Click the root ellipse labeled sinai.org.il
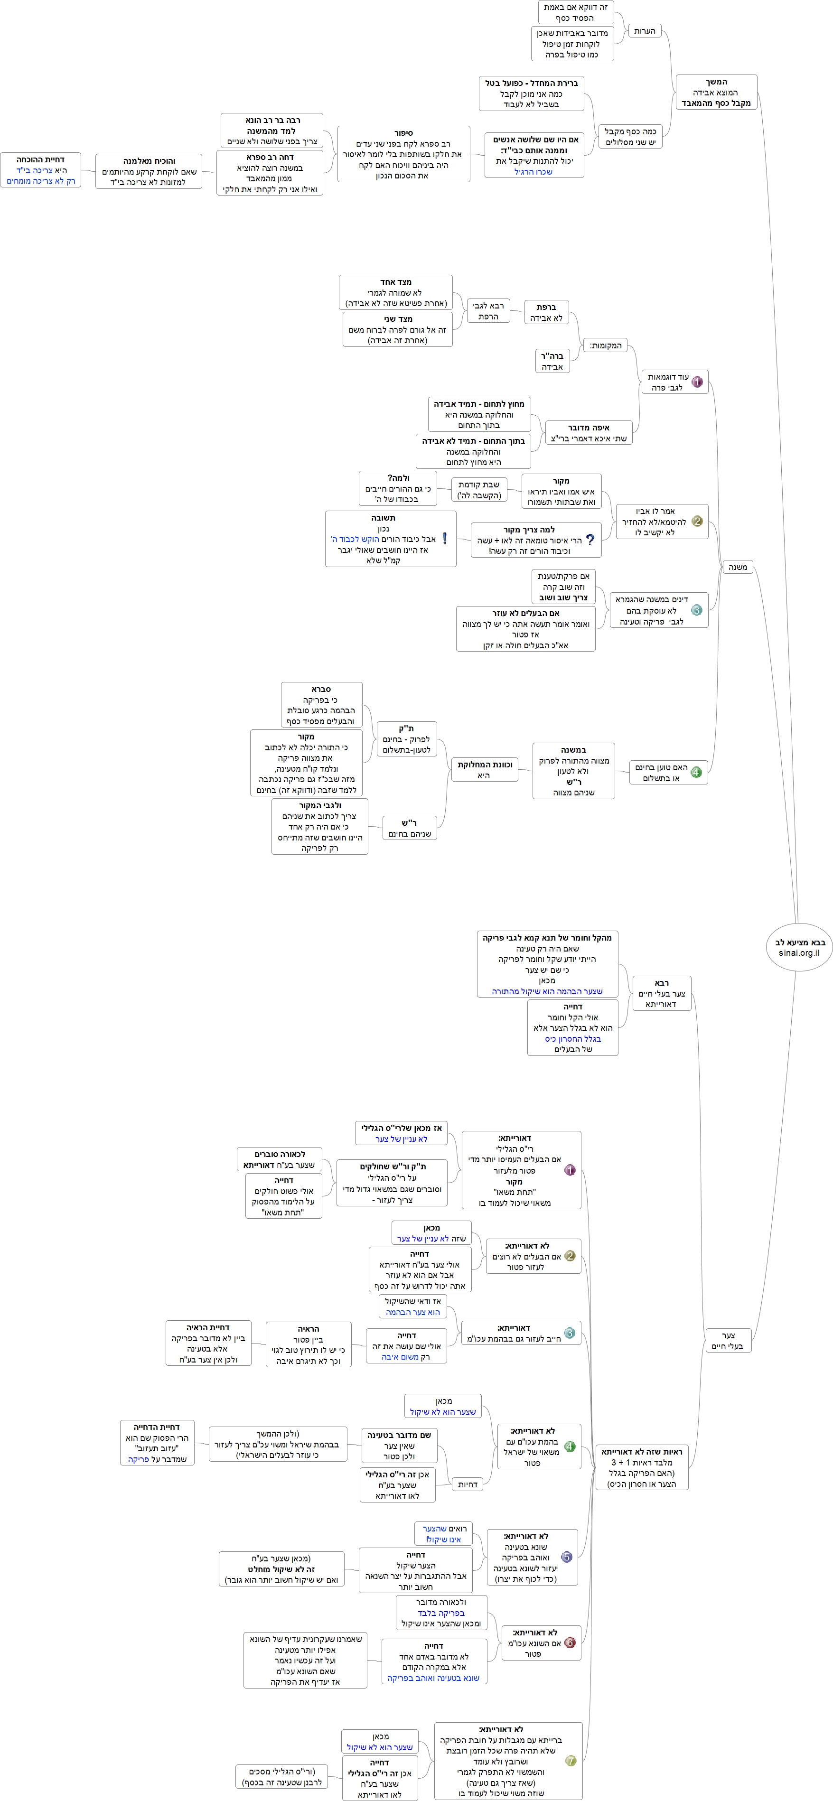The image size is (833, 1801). tap(799, 947)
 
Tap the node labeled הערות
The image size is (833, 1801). tap(644, 31)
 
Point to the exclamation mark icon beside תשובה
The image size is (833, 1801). tap(445, 538)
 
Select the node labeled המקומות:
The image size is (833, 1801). tap(605, 345)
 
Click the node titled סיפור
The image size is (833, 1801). tap(403, 154)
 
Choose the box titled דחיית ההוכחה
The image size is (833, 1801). tap(40, 170)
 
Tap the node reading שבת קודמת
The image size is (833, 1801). tap(478, 489)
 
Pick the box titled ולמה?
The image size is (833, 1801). tap(398, 488)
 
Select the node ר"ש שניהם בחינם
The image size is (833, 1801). tap(410, 828)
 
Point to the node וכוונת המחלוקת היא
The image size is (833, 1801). tap(484, 770)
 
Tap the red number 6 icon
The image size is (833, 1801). tap(570, 1642)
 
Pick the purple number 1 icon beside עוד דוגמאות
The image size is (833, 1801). tap(697, 382)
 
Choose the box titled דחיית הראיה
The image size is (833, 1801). tap(208, 1343)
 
